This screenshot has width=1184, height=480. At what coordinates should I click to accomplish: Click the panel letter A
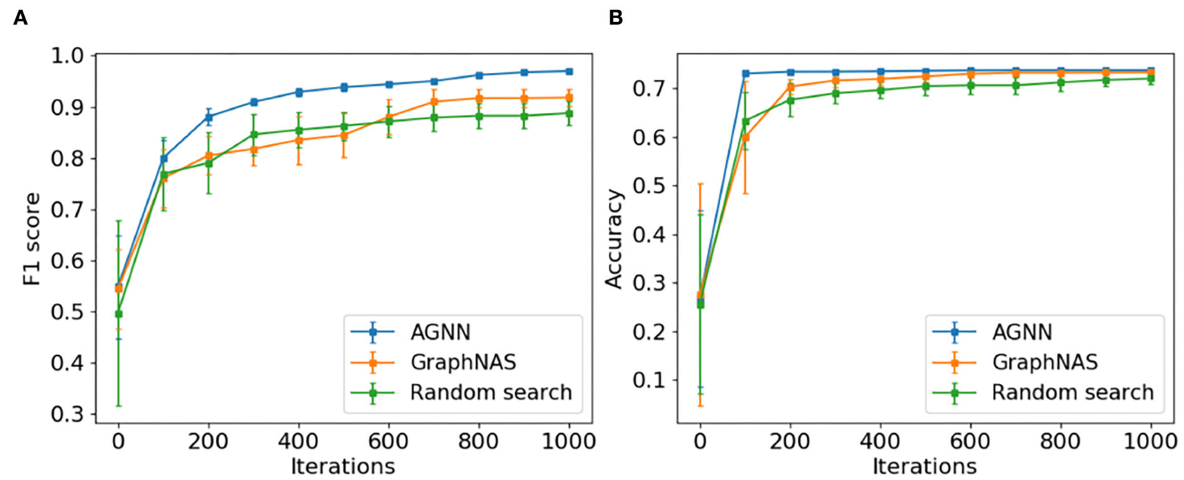[x=21, y=17]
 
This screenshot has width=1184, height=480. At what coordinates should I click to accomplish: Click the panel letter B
[x=615, y=17]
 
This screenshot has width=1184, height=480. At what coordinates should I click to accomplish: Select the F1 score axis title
[x=32, y=239]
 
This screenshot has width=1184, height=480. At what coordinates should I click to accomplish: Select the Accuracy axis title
[x=613, y=239]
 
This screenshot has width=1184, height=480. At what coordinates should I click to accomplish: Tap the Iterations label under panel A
[x=343, y=466]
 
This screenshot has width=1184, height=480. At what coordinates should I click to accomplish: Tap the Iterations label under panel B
[x=925, y=466]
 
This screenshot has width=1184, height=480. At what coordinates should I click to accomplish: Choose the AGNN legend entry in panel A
[x=440, y=332]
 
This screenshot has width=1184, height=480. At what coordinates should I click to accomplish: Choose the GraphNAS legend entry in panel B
[x=1044, y=363]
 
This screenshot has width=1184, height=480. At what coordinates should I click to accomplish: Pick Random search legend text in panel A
[x=490, y=393]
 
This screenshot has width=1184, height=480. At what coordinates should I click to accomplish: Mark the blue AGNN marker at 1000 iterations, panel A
[x=569, y=71]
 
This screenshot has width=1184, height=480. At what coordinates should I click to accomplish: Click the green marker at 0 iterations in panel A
[x=119, y=314]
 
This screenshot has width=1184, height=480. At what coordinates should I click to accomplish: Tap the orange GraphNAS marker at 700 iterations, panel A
[x=434, y=102]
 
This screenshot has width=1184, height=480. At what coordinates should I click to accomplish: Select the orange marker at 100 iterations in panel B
[x=746, y=138]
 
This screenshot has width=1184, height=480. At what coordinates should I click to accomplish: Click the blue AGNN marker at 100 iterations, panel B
[x=746, y=73]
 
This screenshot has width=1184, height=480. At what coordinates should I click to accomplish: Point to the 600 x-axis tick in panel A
[x=388, y=441]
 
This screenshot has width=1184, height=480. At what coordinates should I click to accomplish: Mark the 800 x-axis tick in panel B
[x=1060, y=441]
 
